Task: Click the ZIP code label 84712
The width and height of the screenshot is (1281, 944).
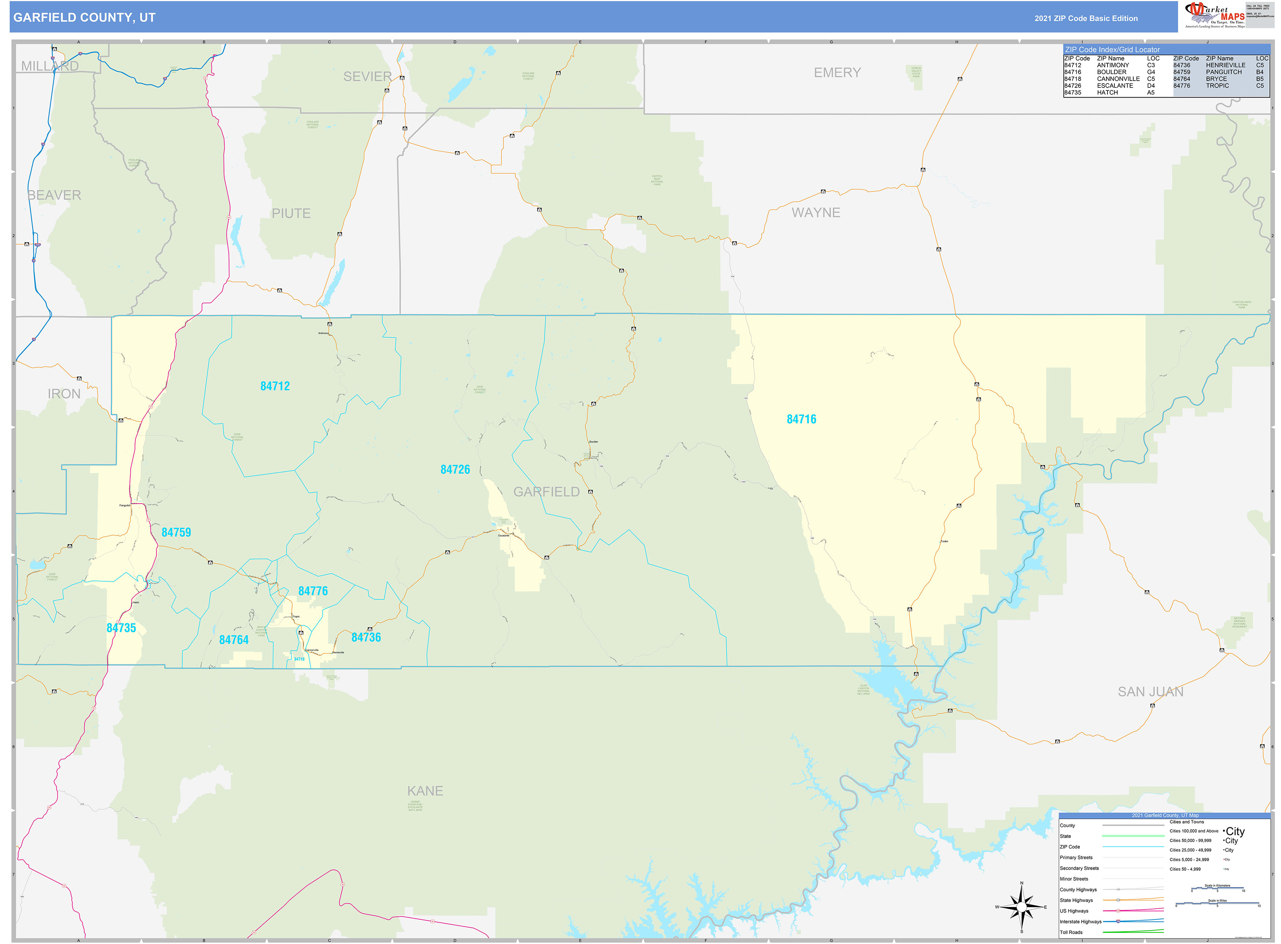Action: tap(275, 386)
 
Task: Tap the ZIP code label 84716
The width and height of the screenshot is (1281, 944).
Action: tap(801, 419)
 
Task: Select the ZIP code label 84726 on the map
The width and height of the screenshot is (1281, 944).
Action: tap(455, 470)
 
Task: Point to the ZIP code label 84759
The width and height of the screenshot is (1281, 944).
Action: tap(176, 533)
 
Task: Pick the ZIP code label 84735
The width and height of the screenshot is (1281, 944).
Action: tap(121, 628)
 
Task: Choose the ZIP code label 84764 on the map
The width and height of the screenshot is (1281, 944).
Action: tap(234, 640)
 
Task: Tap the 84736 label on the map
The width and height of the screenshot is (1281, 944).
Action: tap(366, 638)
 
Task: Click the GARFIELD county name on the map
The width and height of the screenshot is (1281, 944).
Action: tap(546, 492)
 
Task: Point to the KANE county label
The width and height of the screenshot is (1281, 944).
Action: tap(425, 791)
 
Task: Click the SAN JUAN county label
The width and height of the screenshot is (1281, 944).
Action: tap(1150, 692)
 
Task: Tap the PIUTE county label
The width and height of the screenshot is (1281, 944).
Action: tap(291, 214)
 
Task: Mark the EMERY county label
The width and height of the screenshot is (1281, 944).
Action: tap(837, 73)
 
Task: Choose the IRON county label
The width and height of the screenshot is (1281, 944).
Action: tap(64, 394)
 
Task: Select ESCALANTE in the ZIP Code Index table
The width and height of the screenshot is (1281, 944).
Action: tap(1115, 86)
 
